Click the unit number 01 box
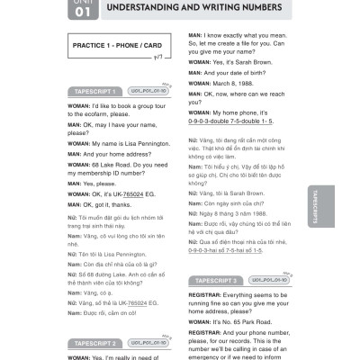[x=80, y=10]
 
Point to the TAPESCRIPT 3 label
[x=221, y=281]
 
